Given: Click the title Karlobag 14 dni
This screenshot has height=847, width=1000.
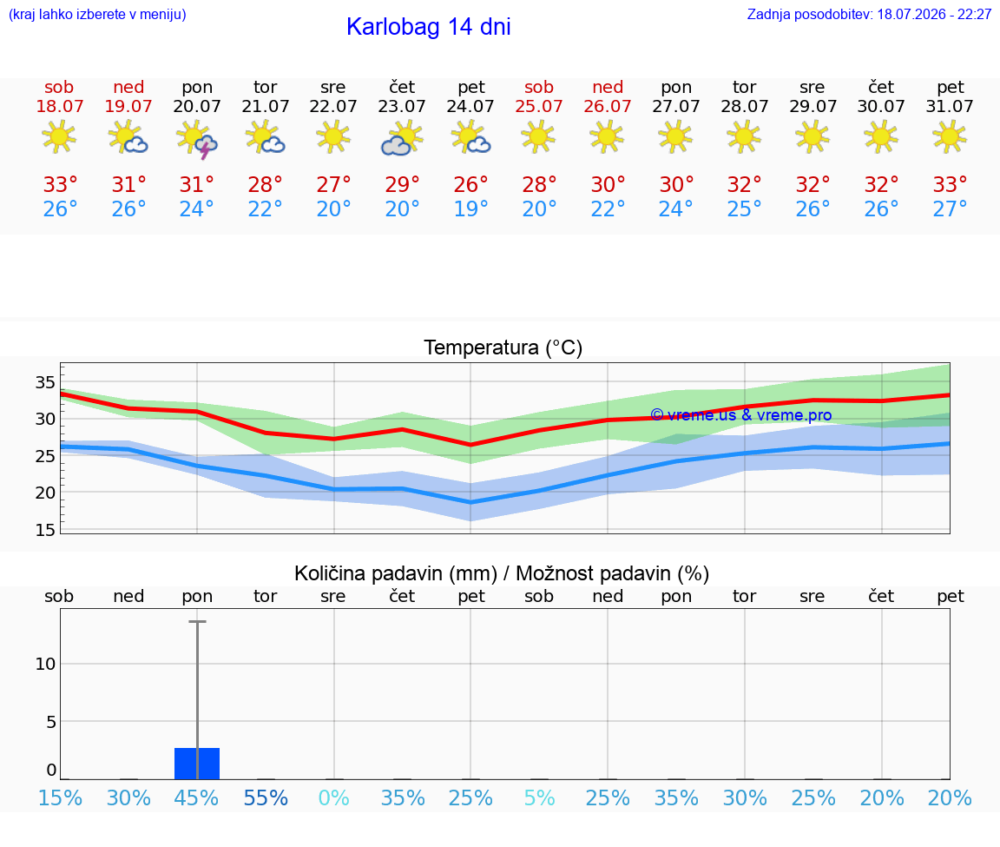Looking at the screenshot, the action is pos(429,27).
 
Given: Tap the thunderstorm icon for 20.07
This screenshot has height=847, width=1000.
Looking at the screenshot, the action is pos(197,139).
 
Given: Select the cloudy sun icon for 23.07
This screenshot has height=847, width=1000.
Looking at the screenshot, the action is pos(402,138).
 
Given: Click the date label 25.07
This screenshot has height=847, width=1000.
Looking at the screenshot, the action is pos(539,106).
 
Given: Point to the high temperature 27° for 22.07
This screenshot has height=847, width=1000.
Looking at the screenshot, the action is pos(333,184).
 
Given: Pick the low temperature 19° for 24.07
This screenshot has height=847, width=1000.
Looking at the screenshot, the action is pos(470,208).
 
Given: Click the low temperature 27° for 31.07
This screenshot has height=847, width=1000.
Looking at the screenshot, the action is pos(950,208).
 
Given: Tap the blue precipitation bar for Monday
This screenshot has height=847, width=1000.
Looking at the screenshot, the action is pos(197,764).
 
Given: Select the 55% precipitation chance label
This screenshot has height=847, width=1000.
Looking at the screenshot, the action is pos(266,797).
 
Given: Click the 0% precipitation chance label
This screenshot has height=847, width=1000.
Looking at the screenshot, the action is pos(333,797).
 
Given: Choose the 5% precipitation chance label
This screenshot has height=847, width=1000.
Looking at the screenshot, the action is pos(540,797).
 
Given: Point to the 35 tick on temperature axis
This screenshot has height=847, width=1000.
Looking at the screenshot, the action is pos(45,382).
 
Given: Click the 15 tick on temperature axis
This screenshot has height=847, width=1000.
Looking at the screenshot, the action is pos(45,530).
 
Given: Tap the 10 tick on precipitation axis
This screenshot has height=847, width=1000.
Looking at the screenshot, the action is pos(45,664).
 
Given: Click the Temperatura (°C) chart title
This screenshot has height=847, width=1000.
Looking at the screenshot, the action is pos(503,347).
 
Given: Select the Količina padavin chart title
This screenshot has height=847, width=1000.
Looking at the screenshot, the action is pos(502,573).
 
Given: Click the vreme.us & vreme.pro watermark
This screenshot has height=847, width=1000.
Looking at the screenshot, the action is pos(740,415).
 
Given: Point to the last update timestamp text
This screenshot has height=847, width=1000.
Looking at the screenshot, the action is pos(869,14).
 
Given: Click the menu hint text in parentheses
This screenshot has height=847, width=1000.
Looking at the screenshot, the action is pos(97,14).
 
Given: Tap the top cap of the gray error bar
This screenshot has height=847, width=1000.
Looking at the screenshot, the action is pos(197,621).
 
